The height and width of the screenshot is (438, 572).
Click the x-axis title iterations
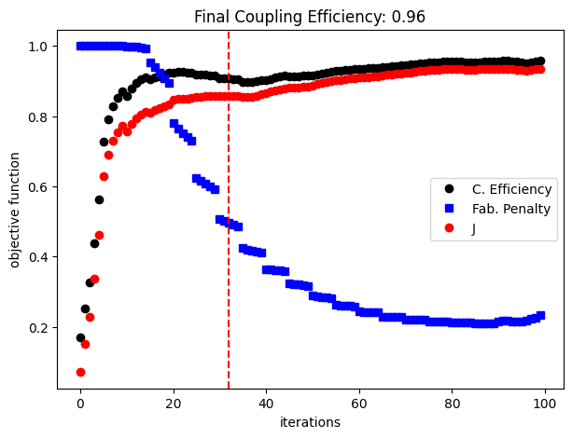[x=310, y=422]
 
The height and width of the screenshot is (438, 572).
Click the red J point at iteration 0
[x=80, y=372]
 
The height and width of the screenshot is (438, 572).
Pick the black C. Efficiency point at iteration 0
[x=80, y=337]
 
